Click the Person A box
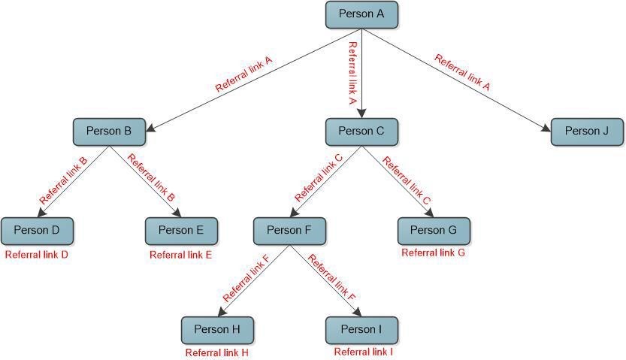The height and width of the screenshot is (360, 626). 361,14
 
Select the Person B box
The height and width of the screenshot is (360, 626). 109,132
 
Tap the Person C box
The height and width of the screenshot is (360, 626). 361,132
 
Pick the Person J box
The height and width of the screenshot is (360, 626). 587,132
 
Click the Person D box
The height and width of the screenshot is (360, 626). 37,231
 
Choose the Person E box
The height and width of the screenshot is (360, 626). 181,231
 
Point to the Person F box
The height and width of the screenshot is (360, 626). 289,231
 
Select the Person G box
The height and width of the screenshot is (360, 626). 434,231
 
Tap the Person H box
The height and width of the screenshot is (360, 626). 217,329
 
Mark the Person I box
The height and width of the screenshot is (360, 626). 361,329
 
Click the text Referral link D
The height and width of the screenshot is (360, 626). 37,255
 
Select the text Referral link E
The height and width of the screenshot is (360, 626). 181,255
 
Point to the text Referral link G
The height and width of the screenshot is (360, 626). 434,253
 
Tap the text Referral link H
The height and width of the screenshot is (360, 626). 217,352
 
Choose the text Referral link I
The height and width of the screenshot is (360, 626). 364,351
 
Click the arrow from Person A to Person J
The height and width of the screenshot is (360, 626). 458,82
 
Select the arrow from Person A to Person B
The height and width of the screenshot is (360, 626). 256,81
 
